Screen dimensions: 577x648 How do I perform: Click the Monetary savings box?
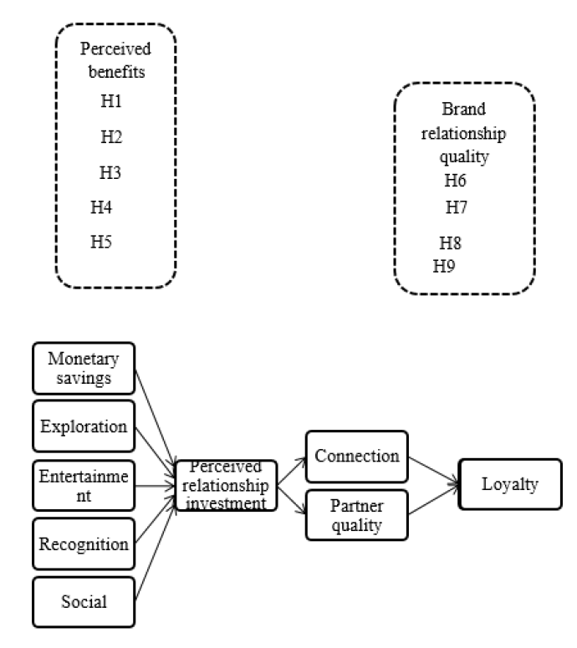(84, 368)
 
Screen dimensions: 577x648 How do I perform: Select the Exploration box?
(84, 426)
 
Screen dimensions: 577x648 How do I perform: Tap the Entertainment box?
(84, 486)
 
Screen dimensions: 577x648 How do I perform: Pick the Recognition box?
(84, 543)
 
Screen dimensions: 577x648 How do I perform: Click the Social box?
(84, 602)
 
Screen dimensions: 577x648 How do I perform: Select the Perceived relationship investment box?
(226, 486)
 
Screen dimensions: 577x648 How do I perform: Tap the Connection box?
(357, 457)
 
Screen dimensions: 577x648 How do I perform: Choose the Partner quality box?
(357, 515)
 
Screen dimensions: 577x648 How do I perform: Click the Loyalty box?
(510, 484)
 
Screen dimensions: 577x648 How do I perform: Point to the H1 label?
(111, 101)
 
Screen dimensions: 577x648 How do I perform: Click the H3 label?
(110, 172)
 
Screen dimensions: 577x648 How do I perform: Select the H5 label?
(101, 242)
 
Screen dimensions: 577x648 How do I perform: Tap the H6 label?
(455, 180)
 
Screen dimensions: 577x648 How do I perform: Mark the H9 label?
(444, 266)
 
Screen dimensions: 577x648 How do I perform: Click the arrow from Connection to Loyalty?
(433, 470)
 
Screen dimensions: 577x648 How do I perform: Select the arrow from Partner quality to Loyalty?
(433, 500)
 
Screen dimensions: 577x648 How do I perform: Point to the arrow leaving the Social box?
(156, 553)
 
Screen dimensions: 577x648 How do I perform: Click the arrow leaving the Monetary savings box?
(156, 418)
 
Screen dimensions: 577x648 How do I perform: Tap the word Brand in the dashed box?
(464, 109)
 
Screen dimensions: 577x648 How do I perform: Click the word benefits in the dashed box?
(116, 72)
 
